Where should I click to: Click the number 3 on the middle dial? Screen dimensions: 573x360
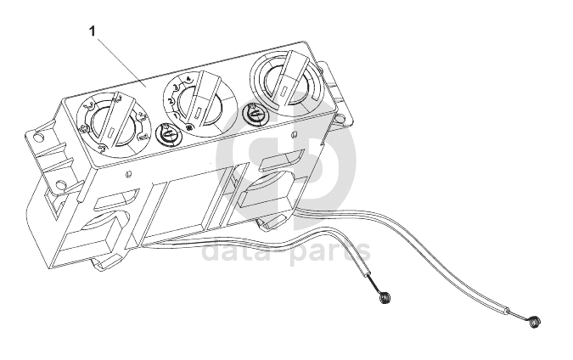point(176,86)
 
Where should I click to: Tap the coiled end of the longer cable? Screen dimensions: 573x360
point(534,322)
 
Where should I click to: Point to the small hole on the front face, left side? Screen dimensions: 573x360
point(127,177)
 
